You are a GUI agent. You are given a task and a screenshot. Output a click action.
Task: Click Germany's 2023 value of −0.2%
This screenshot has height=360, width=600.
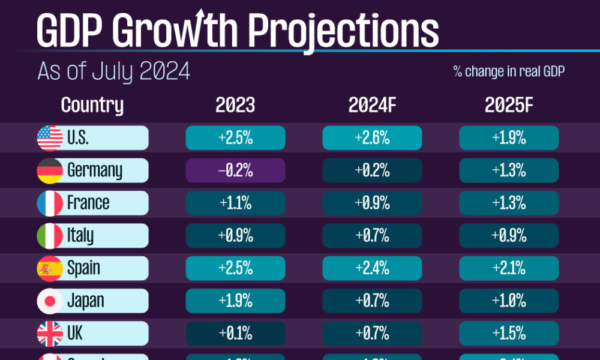(235, 170)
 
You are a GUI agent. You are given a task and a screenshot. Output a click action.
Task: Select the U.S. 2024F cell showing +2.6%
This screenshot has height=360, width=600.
(372, 138)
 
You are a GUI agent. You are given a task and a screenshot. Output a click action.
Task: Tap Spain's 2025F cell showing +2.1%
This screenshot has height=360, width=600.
(509, 268)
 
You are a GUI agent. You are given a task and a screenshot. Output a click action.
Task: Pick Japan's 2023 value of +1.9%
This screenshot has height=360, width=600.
(235, 301)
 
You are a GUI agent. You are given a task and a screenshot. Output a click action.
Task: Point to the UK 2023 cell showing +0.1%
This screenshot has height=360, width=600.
(235, 333)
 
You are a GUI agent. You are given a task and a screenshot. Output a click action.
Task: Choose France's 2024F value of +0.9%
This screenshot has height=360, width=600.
(372, 203)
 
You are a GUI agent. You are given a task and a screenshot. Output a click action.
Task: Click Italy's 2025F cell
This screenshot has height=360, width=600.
(509, 235)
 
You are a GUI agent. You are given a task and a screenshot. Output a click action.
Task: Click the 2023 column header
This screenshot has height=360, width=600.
(235, 105)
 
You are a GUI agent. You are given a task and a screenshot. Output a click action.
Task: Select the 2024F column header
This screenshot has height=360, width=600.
(372, 105)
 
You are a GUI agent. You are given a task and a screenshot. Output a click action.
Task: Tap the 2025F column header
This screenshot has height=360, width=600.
(509, 105)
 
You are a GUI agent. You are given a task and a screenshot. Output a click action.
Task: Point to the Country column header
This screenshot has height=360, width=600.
(92, 105)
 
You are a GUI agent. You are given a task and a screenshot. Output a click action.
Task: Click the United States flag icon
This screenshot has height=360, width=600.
(50, 138)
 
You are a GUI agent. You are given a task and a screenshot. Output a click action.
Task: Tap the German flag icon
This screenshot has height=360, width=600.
(50, 170)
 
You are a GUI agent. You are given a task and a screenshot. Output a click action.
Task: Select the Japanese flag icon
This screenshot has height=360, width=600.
(50, 301)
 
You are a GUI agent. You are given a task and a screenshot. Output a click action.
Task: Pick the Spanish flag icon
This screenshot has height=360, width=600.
(50, 268)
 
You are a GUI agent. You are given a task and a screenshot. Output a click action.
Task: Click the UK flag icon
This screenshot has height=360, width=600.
(50, 333)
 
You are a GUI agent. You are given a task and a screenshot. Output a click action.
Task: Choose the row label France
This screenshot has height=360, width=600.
(88, 203)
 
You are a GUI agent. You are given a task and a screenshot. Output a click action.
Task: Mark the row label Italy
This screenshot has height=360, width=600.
(80, 235)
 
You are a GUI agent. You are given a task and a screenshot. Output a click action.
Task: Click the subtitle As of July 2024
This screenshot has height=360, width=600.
(113, 71)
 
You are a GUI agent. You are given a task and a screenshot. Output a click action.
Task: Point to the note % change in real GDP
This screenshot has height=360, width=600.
(509, 72)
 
